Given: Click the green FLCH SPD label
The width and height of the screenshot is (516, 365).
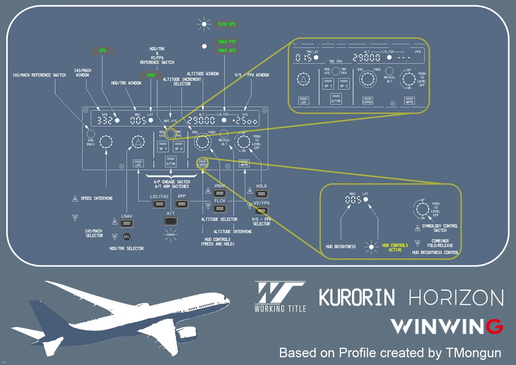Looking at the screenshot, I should (x=226, y=24).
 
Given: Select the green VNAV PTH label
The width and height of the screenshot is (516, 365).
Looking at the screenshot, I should (x=226, y=41).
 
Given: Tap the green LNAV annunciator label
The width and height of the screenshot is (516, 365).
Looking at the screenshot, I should (x=151, y=75).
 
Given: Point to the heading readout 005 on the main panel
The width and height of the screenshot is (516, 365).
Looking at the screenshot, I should (x=137, y=121).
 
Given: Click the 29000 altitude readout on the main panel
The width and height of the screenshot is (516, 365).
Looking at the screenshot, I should (x=204, y=121).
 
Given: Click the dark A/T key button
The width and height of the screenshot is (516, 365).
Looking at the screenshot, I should (x=171, y=221).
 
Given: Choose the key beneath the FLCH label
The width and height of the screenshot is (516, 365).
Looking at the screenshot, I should (x=219, y=210).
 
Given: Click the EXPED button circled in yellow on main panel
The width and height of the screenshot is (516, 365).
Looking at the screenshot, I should (x=203, y=164).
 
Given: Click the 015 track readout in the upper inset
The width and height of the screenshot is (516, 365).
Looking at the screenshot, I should (x=303, y=58).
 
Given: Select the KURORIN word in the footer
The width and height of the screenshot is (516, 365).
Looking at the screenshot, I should (x=357, y=297).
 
